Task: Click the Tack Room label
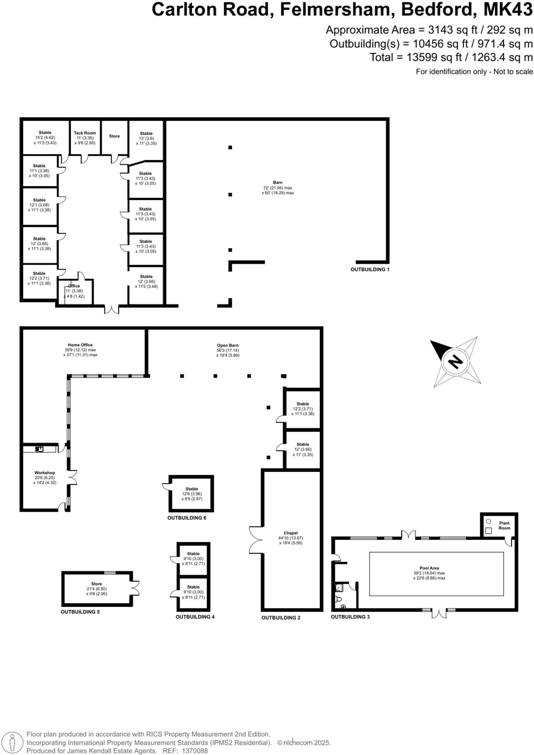coord(84,133)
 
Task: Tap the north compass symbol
coord(456,361)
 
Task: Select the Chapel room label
coord(290,533)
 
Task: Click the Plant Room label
coord(504,525)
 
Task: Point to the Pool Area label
coord(429,568)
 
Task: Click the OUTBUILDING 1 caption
coord(370,269)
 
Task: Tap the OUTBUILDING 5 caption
coord(80,612)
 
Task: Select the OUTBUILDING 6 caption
coord(187,518)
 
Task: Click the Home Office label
coord(80,345)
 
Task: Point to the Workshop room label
coord(45,473)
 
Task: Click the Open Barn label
coord(228,345)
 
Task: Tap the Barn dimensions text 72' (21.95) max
coord(277,188)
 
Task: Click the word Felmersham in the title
coord(337,10)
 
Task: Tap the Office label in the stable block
coord(74,286)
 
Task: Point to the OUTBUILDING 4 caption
coord(195,616)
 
